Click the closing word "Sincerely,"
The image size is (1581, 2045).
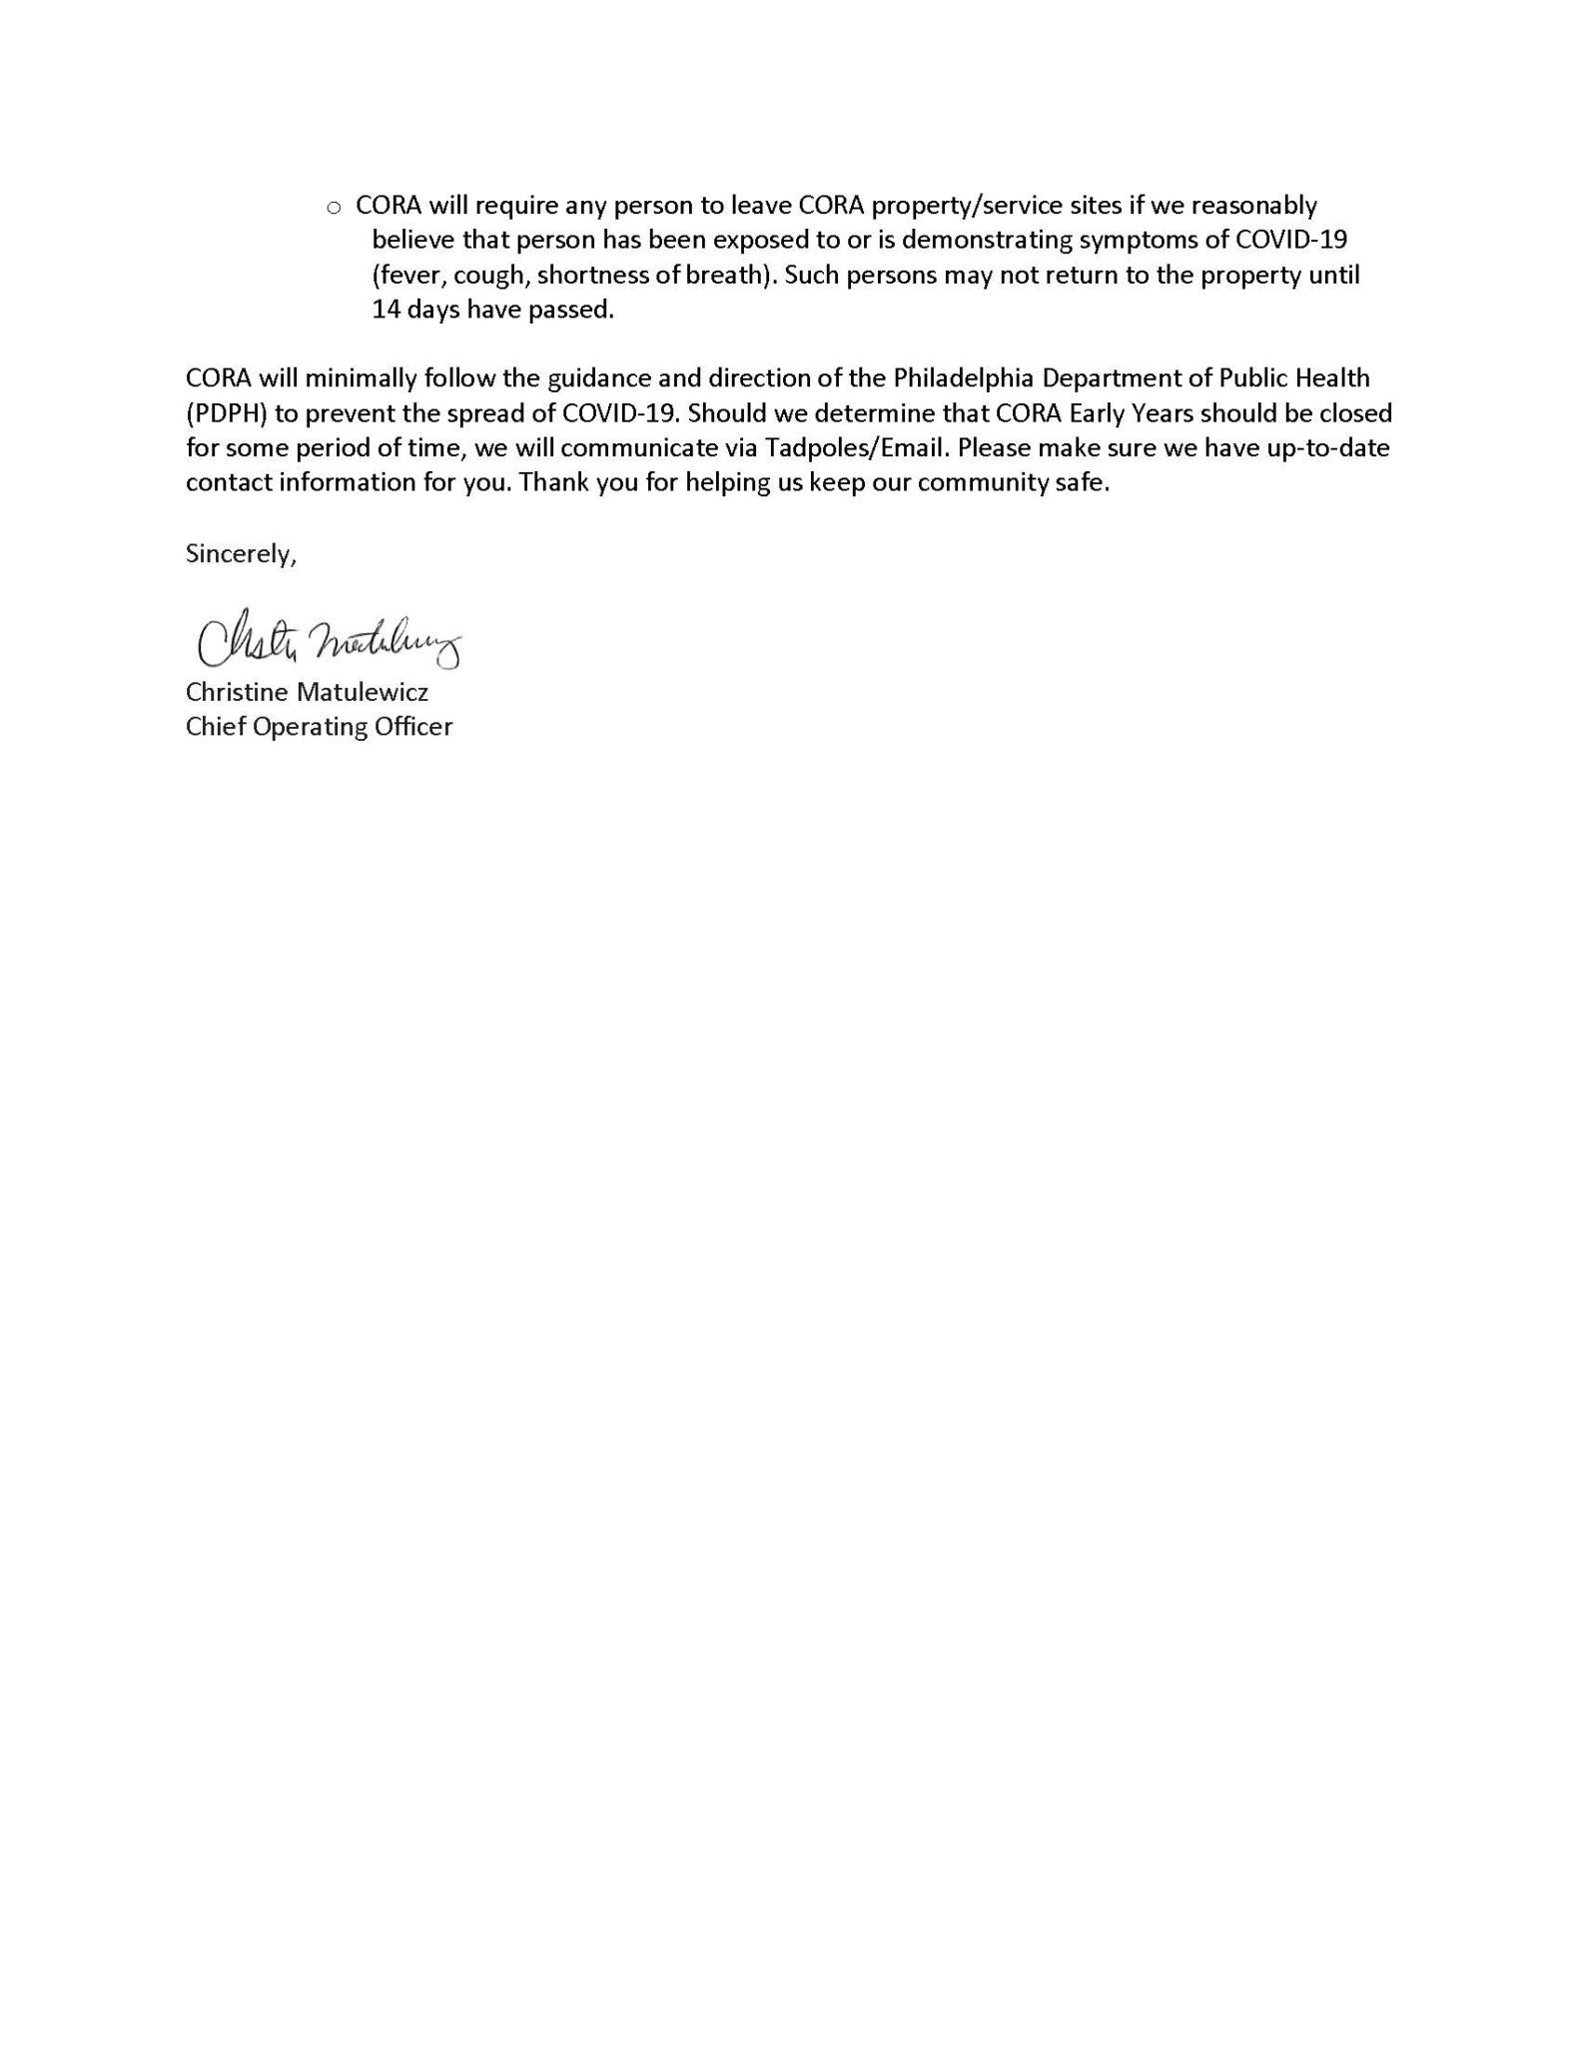(x=241, y=554)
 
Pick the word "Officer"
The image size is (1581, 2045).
(x=413, y=727)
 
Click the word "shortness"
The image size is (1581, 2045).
(x=586, y=276)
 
